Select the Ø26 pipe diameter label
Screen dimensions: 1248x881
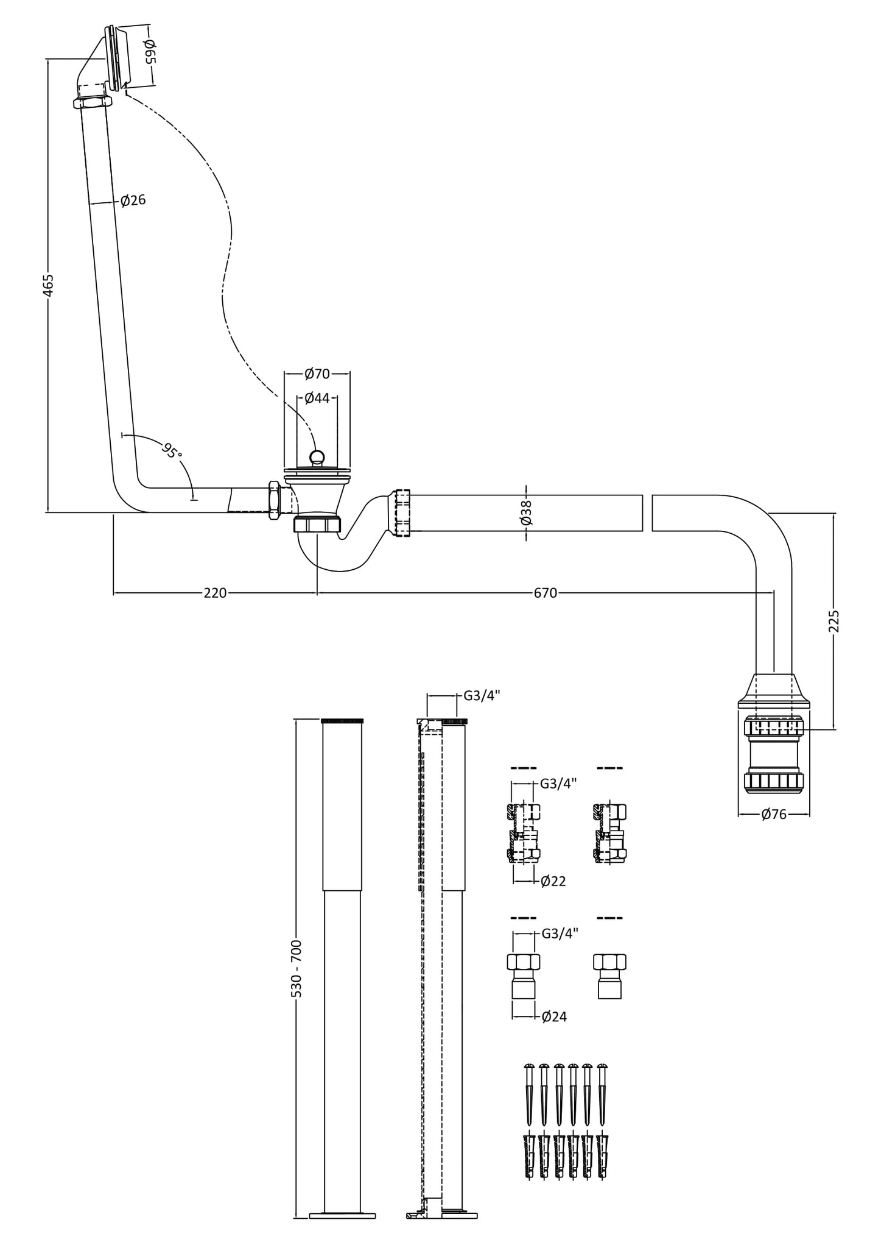coord(133,200)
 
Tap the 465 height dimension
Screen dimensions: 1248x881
coord(48,285)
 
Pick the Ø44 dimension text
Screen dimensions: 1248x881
coord(317,398)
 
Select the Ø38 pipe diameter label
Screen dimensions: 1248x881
coord(527,512)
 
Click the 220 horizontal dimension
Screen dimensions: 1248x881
coord(214,592)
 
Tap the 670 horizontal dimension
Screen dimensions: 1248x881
coord(545,592)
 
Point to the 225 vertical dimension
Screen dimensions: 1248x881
coord(835,621)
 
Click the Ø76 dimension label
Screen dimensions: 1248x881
coord(773,814)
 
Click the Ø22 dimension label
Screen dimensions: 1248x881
coord(553,881)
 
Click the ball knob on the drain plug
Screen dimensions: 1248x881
coord(317,456)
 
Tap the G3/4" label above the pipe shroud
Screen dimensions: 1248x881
coord(482,696)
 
